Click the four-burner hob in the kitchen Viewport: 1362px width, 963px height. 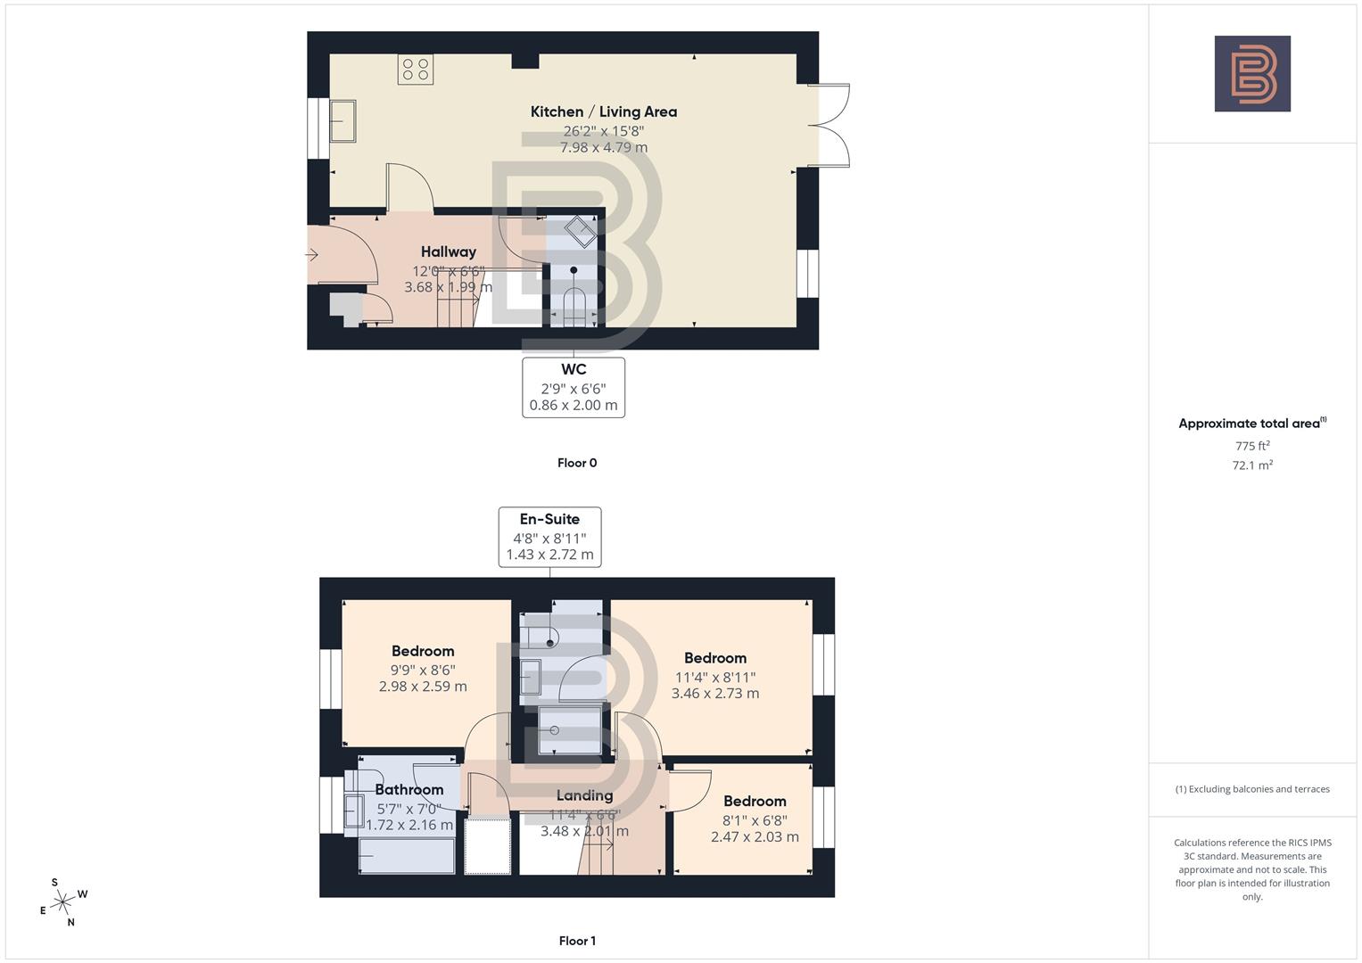pos(416,70)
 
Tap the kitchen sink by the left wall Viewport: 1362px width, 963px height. pos(343,120)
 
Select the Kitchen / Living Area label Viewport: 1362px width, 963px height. pos(603,111)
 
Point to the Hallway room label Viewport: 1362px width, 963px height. pos(448,251)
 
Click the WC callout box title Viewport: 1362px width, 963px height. pos(574,369)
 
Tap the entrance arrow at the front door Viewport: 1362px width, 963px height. pos(311,255)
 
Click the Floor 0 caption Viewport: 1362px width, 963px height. pos(577,463)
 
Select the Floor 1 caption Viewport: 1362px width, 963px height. pos(577,941)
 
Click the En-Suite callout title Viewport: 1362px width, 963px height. pos(549,519)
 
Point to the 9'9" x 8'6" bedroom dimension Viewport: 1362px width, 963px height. pos(423,670)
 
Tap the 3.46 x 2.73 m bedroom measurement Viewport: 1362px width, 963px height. pos(715,693)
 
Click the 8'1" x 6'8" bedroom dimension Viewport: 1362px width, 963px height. pos(755,819)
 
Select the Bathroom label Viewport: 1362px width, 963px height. pos(409,789)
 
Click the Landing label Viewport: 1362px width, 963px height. pos(584,795)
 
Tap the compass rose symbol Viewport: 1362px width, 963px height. pos(63,902)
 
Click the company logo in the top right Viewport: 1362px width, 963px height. pos(1252,74)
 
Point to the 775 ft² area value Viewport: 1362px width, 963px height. pos(1252,446)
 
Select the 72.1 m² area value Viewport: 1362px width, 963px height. pos(1252,465)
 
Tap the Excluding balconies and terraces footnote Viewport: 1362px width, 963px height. pos(1252,789)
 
